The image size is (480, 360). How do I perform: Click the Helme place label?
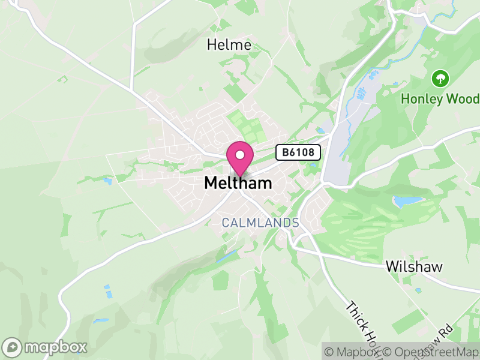coord(229,44)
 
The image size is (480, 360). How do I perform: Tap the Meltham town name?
coord(238,183)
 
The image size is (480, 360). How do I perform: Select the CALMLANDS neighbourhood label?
coord(260,223)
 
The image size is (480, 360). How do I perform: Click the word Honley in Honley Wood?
coord(421,98)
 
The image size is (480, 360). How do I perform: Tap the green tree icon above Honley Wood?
coord(440,77)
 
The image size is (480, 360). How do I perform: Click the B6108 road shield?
coord(298,152)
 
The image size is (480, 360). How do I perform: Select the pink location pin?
coord(240,157)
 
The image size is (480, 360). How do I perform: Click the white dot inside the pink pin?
coord(240,155)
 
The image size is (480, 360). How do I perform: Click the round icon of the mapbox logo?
coord(13,347)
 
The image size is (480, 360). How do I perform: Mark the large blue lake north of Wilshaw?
coord(409,200)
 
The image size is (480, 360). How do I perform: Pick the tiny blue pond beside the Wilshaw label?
coord(417,290)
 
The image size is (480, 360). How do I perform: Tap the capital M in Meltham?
coord(211,183)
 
